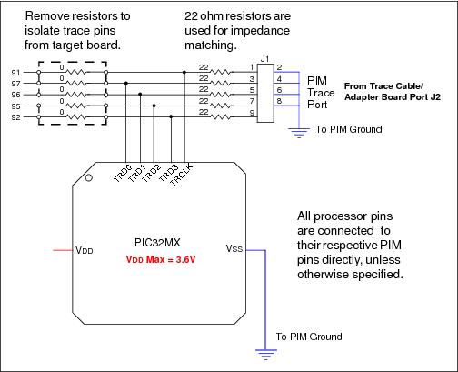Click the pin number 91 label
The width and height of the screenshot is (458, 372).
[x=15, y=72]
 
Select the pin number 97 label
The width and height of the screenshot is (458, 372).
[x=15, y=83]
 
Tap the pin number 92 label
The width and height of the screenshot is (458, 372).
[x=15, y=116]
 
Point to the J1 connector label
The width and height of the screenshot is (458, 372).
[x=264, y=60]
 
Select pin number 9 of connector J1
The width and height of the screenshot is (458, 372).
[x=250, y=116]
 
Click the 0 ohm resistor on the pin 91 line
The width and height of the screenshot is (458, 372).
[x=73, y=72]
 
